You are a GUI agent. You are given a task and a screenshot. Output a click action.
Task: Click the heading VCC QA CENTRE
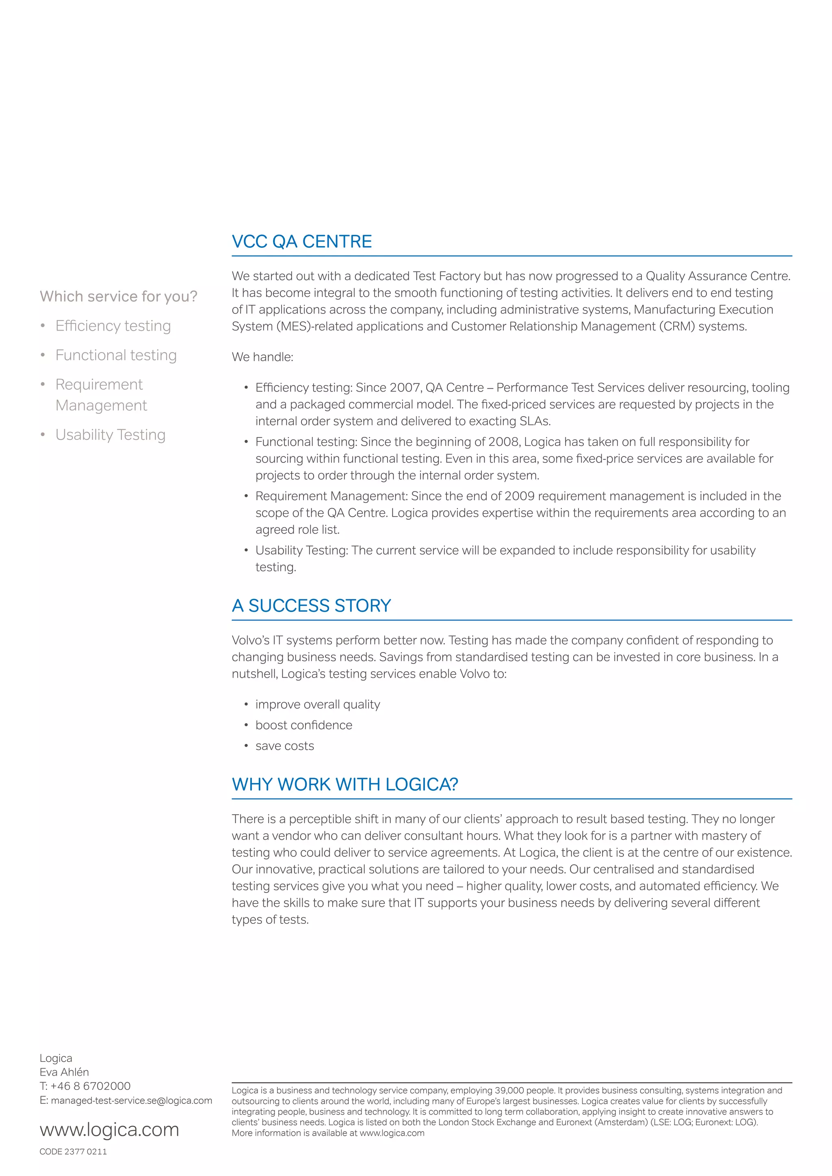[302, 242]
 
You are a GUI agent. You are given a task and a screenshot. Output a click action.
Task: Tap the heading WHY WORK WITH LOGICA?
[345, 785]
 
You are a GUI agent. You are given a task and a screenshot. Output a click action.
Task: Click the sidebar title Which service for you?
[118, 296]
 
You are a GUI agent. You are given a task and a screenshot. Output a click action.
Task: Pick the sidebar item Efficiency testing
[113, 326]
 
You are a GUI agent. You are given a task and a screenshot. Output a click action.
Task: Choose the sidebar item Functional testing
[116, 355]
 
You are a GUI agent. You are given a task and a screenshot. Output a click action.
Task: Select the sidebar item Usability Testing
[110, 435]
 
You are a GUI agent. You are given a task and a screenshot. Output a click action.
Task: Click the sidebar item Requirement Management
[100, 395]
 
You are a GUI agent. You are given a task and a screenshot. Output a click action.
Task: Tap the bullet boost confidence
[304, 725]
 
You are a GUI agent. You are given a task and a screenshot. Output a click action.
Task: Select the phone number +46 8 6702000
[90, 1086]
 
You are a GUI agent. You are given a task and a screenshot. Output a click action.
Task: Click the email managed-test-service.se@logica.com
[131, 1100]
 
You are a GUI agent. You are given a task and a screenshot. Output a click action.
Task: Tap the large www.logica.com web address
[109, 1129]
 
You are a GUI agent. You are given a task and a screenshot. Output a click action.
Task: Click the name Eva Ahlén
[64, 1072]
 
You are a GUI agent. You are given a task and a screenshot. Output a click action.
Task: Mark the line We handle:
[262, 357]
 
